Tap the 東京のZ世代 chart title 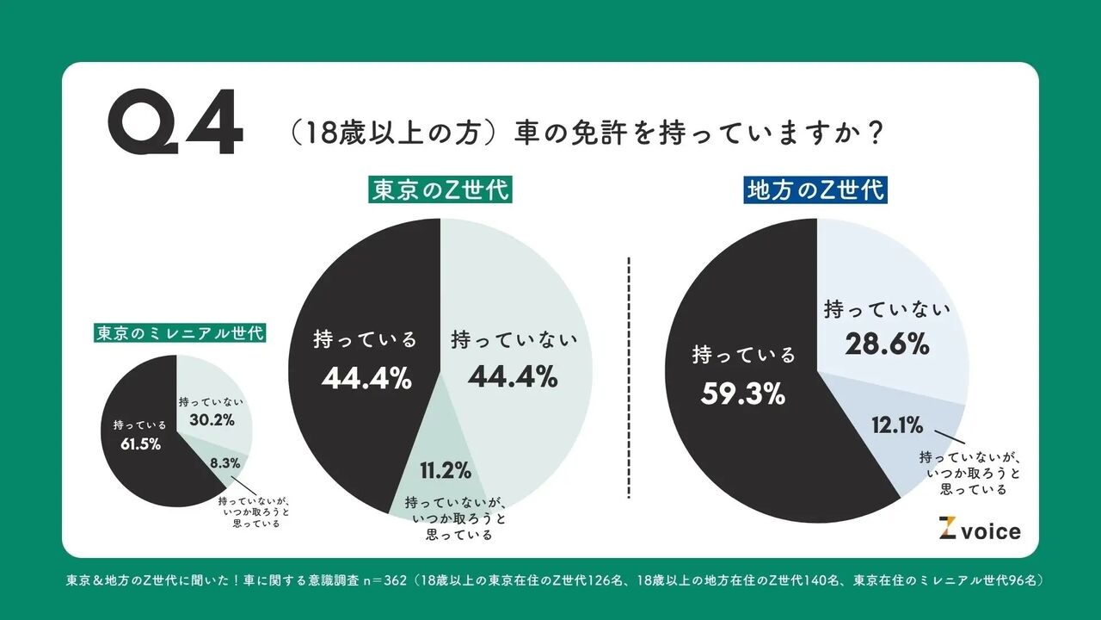440,189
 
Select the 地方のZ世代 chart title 815,189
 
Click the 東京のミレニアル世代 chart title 180,332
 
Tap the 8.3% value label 225,462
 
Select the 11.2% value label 445,471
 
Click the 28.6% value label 886,345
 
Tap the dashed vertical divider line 630,377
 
